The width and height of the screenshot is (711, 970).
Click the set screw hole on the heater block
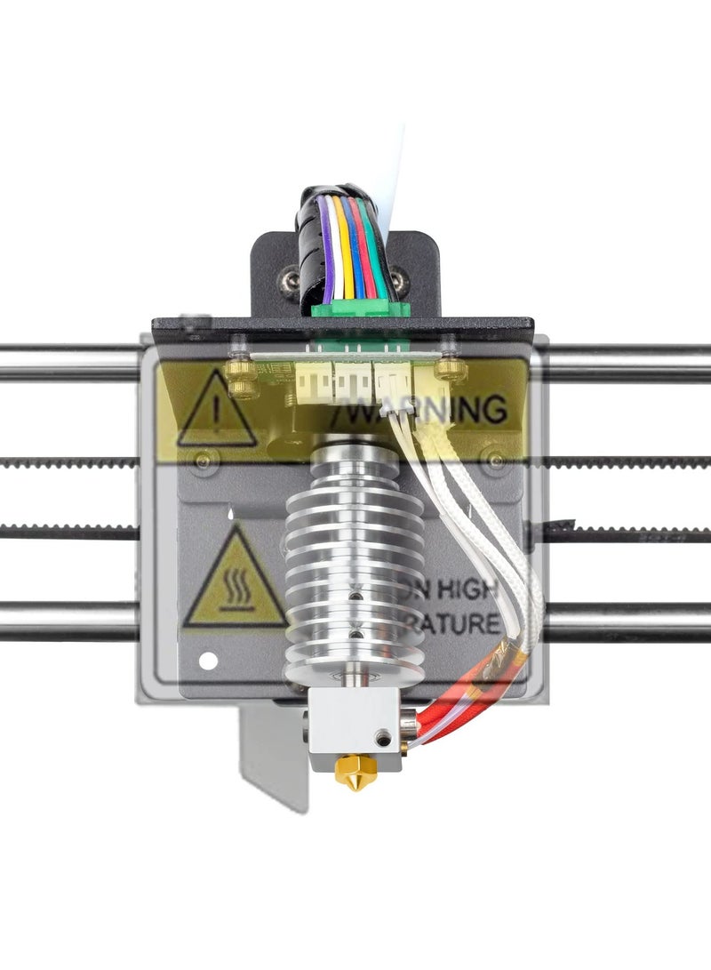(x=383, y=736)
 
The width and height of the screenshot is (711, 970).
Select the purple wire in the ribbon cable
(x=327, y=253)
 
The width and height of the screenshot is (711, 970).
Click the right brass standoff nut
(x=451, y=367)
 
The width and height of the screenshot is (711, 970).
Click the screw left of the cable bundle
(x=289, y=284)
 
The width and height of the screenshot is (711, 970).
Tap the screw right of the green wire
(x=400, y=284)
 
